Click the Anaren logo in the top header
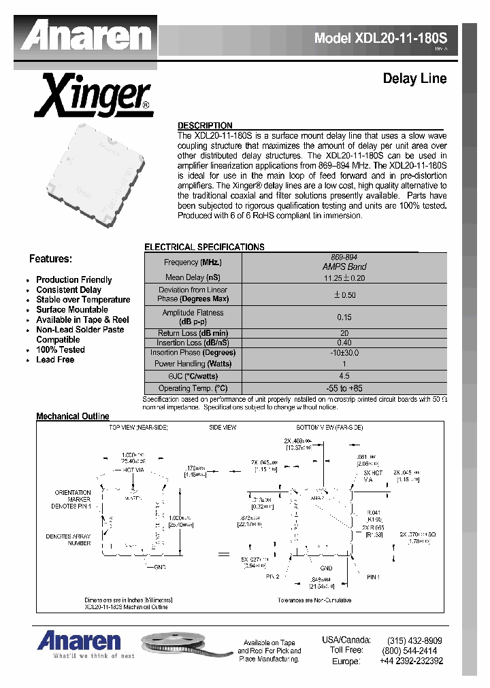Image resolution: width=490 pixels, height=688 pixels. [x=85, y=35]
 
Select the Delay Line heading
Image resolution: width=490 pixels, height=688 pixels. [x=414, y=79]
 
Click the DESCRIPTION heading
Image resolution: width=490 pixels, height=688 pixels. [x=205, y=126]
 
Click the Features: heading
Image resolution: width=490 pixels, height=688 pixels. [x=50, y=259]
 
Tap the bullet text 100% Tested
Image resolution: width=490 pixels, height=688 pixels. [x=61, y=349]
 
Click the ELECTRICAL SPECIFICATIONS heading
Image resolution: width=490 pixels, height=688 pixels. [x=204, y=247]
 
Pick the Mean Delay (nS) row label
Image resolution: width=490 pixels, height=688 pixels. [x=193, y=277]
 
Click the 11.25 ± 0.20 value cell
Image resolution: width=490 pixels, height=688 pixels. [x=344, y=277]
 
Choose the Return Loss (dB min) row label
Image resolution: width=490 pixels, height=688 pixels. [x=193, y=333]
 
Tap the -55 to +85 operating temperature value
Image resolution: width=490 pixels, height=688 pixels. [x=344, y=388]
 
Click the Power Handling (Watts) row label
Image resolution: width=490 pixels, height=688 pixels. [x=193, y=364]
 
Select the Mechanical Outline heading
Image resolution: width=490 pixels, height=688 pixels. [x=72, y=416]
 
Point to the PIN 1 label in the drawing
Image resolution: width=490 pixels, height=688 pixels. [x=372, y=577]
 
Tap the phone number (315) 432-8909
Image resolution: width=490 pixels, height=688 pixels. [x=414, y=640]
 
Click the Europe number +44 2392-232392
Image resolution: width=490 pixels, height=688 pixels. [x=412, y=661]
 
